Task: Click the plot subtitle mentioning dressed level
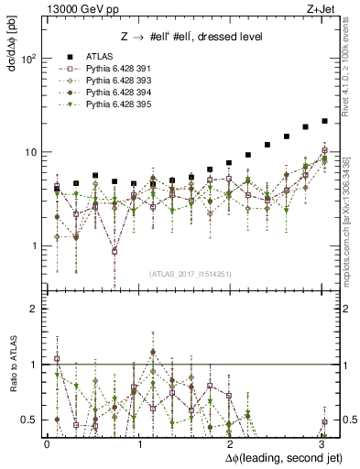tap(192, 38)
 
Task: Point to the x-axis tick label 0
tap(47, 444)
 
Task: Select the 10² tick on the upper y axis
tap(29, 59)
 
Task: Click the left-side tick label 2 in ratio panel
tap(34, 310)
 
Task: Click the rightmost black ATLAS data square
tap(324, 121)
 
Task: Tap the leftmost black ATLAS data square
tap(57, 186)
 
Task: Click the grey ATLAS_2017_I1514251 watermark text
tap(190, 273)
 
